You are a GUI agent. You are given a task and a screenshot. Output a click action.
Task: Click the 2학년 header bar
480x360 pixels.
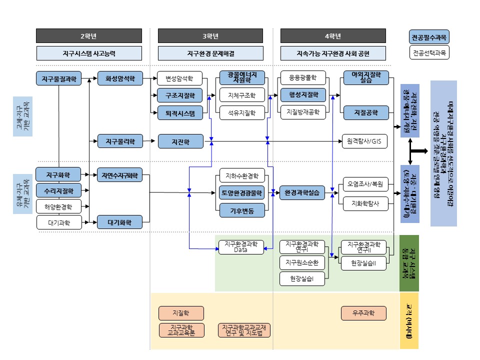(x=88, y=36)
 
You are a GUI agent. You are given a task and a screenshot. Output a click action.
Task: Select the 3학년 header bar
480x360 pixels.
(x=210, y=36)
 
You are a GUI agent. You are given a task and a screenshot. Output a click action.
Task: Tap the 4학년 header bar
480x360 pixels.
(x=333, y=36)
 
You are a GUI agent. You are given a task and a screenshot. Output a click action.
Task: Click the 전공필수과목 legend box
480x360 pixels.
(x=428, y=37)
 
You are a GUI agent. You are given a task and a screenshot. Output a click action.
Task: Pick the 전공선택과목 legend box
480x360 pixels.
(x=428, y=52)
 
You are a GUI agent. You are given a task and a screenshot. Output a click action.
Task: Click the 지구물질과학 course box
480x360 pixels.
(x=58, y=78)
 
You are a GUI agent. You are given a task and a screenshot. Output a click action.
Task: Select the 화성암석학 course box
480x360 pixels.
(x=120, y=78)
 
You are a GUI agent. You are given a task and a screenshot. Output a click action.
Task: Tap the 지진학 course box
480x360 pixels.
(x=181, y=141)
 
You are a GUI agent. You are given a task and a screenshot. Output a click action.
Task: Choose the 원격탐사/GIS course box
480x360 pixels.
(x=364, y=141)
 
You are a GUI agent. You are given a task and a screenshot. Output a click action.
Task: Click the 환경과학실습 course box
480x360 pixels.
(x=303, y=191)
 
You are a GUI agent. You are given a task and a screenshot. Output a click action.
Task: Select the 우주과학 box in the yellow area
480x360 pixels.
(x=364, y=313)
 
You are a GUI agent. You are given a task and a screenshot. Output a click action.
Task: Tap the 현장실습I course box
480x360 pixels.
(x=303, y=278)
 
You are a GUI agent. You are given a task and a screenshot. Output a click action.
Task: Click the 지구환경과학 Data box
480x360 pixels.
(x=241, y=247)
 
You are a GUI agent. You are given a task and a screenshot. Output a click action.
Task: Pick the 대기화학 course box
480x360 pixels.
(x=120, y=221)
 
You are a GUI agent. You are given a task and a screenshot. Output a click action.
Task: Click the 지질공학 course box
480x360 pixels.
(x=364, y=112)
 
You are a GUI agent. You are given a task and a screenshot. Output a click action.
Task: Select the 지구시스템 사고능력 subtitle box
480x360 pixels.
(x=88, y=53)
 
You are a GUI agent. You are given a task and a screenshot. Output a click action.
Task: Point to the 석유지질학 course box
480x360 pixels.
(x=241, y=113)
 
